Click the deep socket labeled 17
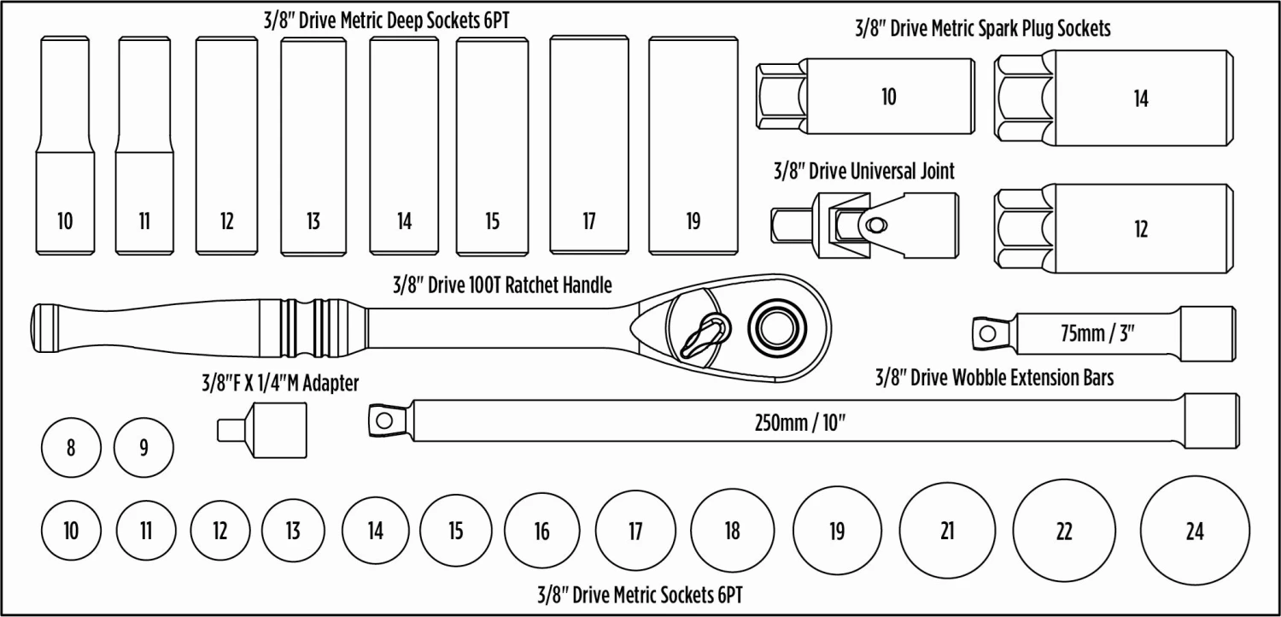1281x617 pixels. (x=589, y=145)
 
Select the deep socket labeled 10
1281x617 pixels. (x=65, y=145)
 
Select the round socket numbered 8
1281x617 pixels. (x=70, y=447)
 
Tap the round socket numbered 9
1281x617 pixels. (x=143, y=447)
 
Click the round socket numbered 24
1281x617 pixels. (x=1194, y=531)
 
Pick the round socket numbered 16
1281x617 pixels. (x=541, y=531)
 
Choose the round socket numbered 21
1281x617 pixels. (x=946, y=531)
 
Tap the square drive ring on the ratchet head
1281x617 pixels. (x=777, y=326)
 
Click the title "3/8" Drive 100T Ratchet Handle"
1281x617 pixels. (x=502, y=285)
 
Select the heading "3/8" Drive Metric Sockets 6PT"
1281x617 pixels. (x=640, y=595)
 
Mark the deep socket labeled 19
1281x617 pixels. (x=693, y=145)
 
